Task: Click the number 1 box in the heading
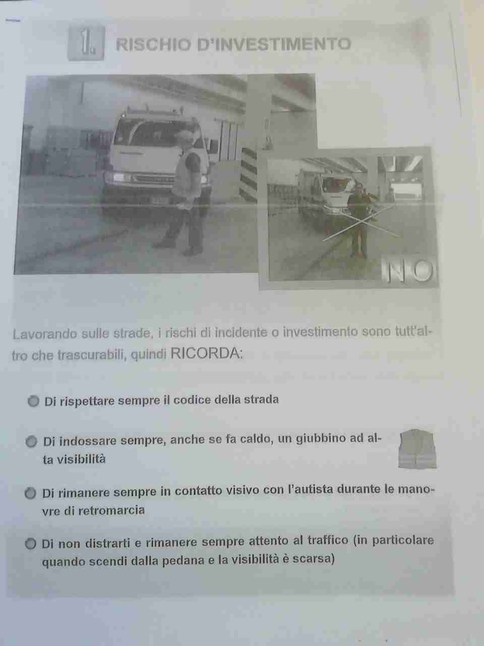click(86, 43)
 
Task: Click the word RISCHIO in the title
click(153, 45)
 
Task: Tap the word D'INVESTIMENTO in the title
click(274, 44)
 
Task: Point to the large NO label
click(408, 271)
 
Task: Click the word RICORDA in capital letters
click(206, 353)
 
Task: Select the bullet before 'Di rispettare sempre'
click(33, 401)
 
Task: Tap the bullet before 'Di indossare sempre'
click(31, 442)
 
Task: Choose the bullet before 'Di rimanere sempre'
click(30, 493)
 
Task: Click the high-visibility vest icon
click(417, 449)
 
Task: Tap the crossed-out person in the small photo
click(357, 219)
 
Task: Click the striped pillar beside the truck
click(249, 174)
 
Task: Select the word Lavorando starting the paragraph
click(44, 334)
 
